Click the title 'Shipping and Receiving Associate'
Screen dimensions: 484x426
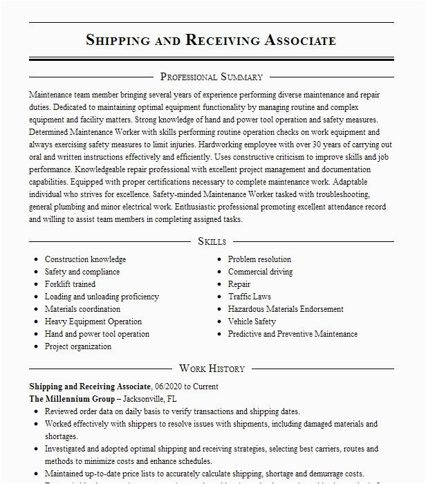coord(211,39)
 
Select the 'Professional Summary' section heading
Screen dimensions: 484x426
coord(211,77)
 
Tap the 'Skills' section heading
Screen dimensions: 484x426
coord(212,241)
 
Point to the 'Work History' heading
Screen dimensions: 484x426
coord(211,369)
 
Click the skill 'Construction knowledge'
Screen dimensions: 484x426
coord(85,259)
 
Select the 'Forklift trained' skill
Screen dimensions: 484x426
coord(70,284)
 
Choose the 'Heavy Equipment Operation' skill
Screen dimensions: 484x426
coord(93,322)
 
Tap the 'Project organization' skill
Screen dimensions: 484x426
coord(78,346)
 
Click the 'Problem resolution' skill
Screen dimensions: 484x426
coord(259,259)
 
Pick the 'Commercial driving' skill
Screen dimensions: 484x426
coord(260,272)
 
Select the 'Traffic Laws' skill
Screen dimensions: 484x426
coord(250,297)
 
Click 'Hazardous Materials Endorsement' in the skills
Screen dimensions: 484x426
coord(286,309)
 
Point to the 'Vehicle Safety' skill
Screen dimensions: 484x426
coord(252,322)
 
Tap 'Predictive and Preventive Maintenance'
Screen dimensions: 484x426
coord(293,334)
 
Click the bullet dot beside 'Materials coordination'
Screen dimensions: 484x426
coord(35,309)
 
